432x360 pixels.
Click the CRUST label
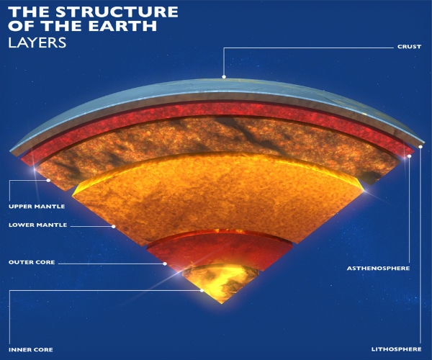[409, 47]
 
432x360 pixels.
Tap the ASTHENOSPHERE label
[378, 268]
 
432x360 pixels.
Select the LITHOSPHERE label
[397, 349]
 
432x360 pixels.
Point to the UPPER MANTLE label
[37, 207]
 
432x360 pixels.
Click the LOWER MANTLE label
[37, 225]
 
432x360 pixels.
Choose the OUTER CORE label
[32, 262]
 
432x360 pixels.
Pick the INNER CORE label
[30, 349]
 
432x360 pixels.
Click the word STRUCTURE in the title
[117, 12]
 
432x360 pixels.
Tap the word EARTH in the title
[122, 26]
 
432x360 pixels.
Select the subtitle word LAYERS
[37, 42]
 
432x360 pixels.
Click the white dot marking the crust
[224, 76]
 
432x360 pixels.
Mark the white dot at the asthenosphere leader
[410, 156]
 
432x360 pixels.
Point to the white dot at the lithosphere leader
[420, 147]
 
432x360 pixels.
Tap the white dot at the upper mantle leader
[48, 181]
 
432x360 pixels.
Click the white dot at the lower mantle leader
[113, 226]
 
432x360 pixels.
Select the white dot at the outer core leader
[165, 264]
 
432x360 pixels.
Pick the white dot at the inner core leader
[202, 290]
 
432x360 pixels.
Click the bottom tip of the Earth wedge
[222, 304]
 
